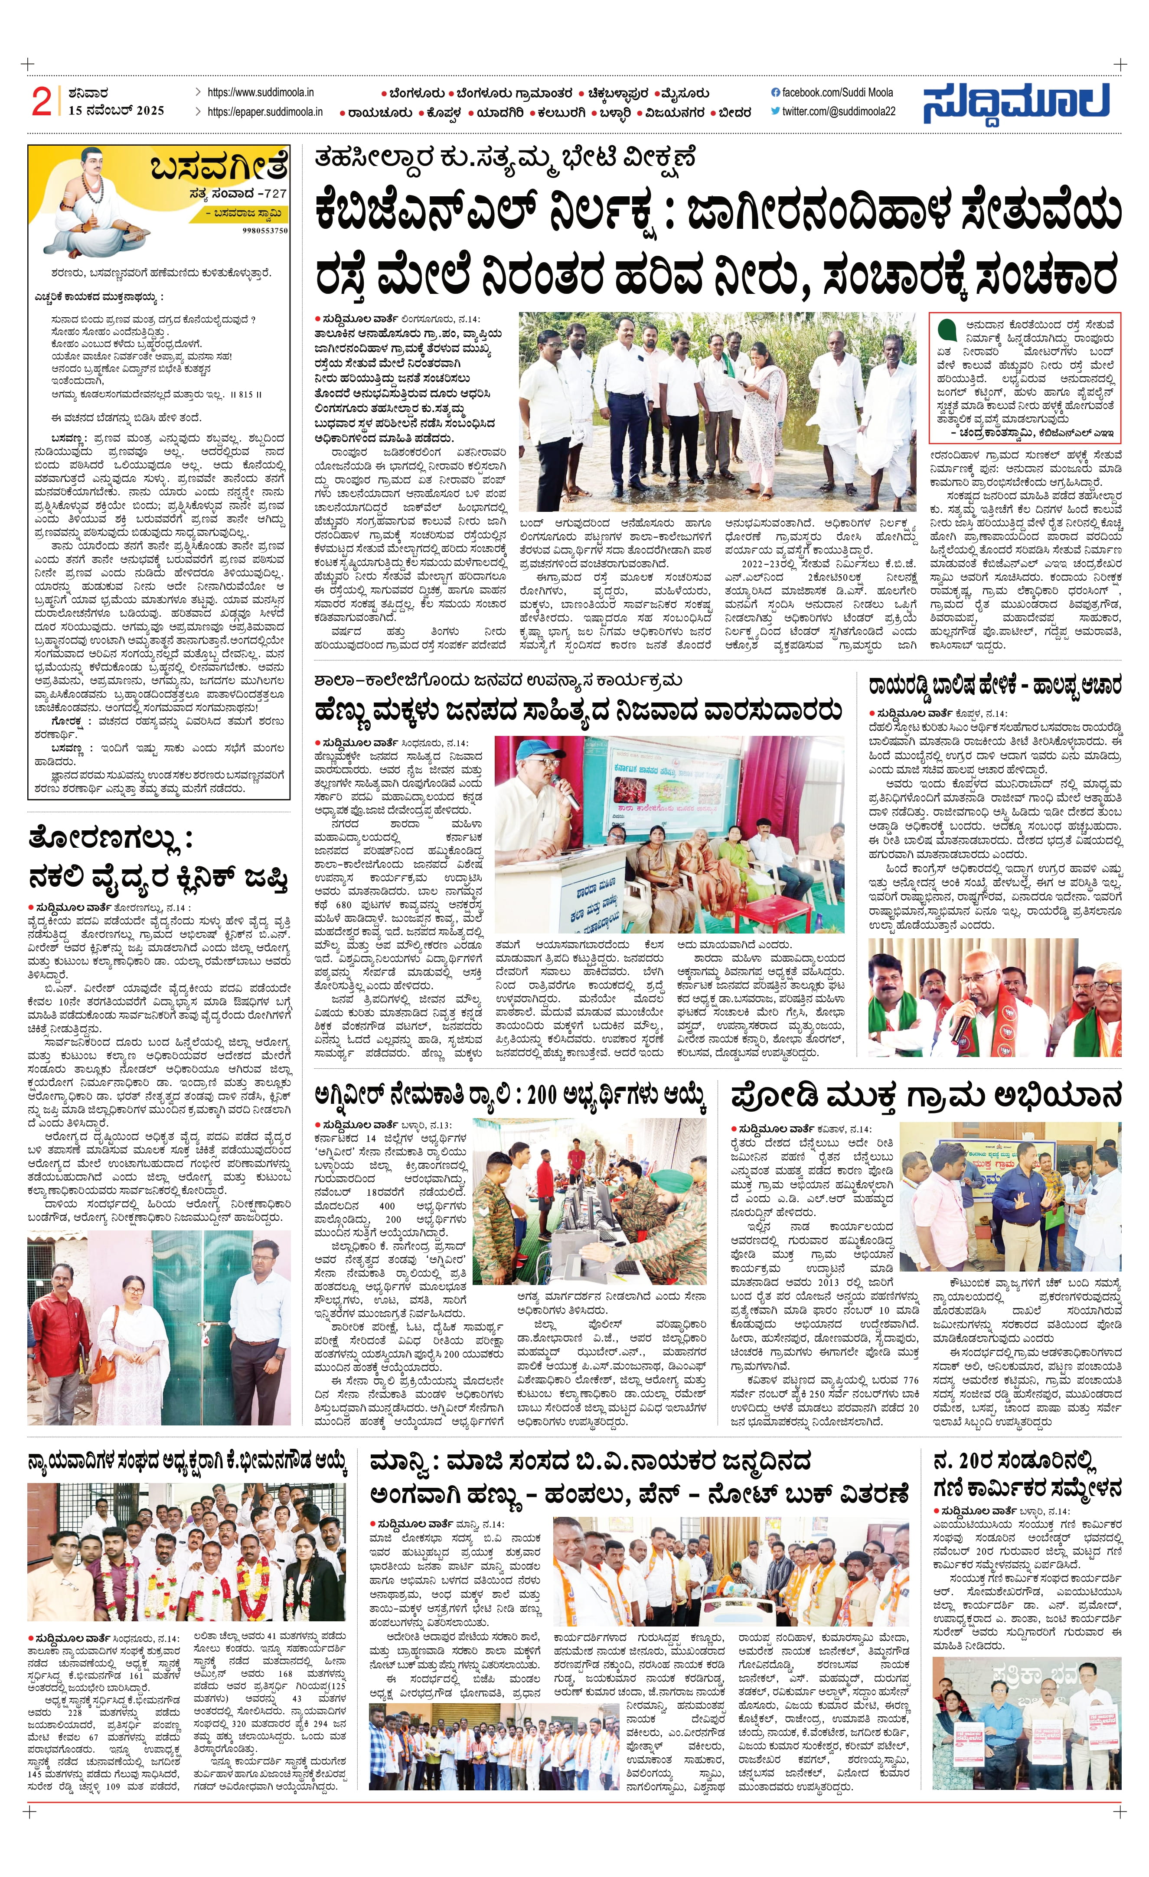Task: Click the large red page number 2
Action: click(41, 101)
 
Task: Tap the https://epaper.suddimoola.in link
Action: click(264, 111)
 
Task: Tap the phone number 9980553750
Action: click(265, 230)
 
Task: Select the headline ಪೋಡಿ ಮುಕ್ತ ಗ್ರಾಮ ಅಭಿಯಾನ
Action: click(925, 1098)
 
